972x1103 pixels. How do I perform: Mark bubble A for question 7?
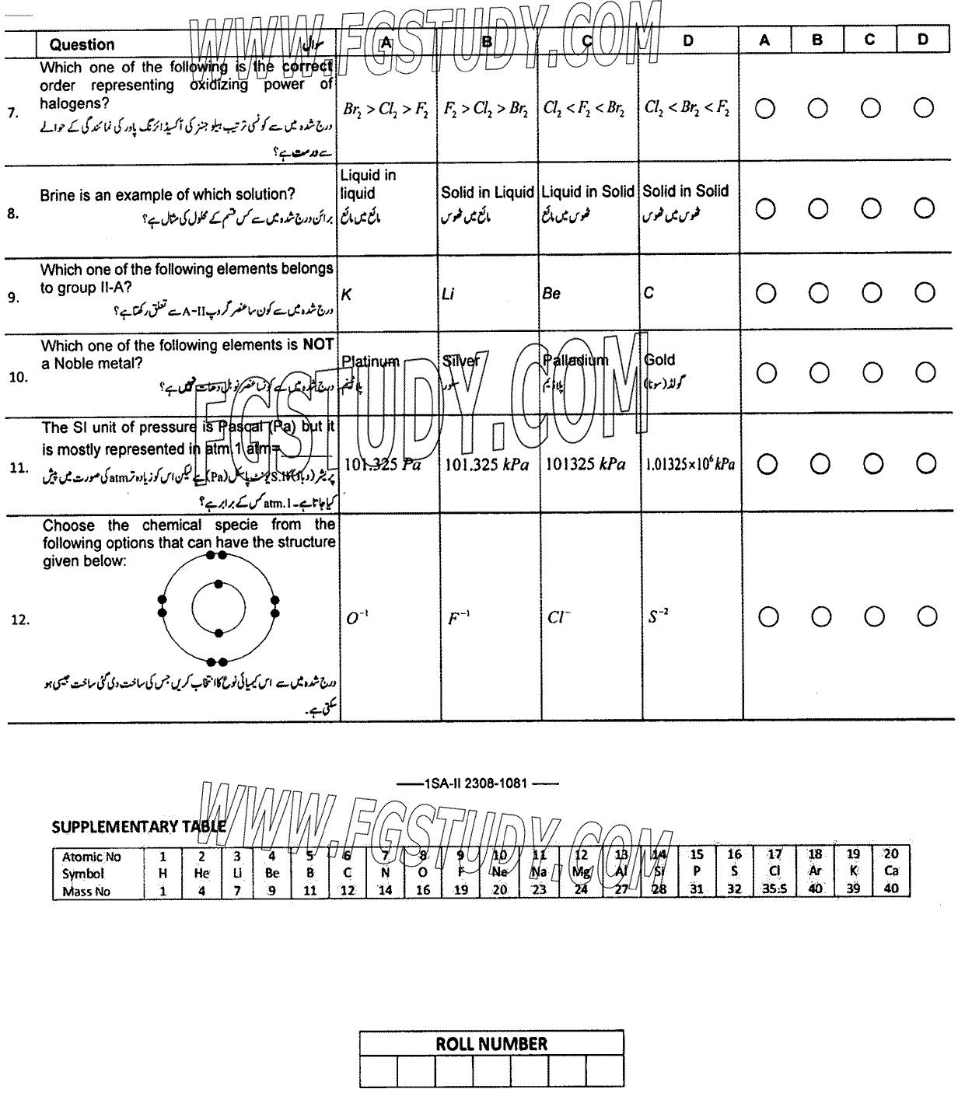tap(765, 109)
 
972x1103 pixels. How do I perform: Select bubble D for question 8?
tap(924, 208)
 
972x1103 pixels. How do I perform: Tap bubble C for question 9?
tap(871, 292)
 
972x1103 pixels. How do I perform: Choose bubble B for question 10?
tap(818, 373)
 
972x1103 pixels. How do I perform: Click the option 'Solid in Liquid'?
tap(488, 192)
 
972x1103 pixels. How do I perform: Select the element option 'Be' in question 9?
tap(551, 294)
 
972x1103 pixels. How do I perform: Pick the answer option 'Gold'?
tap(660, 360)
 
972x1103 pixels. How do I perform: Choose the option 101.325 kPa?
tap(487, 465)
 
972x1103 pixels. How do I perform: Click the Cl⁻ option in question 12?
tap(558, 618)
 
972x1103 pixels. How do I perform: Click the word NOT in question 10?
tap(318, 344)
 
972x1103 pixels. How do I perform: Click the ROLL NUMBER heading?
tap(491, 1044)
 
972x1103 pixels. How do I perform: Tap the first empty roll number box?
tap(379, 1071)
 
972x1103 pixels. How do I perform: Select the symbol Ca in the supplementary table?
tap(891, 871)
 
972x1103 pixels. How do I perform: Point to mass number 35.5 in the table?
tap(774, 889)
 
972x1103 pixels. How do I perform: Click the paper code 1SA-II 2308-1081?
tap(475, 784)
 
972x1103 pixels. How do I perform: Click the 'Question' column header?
tap(82, 44)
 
